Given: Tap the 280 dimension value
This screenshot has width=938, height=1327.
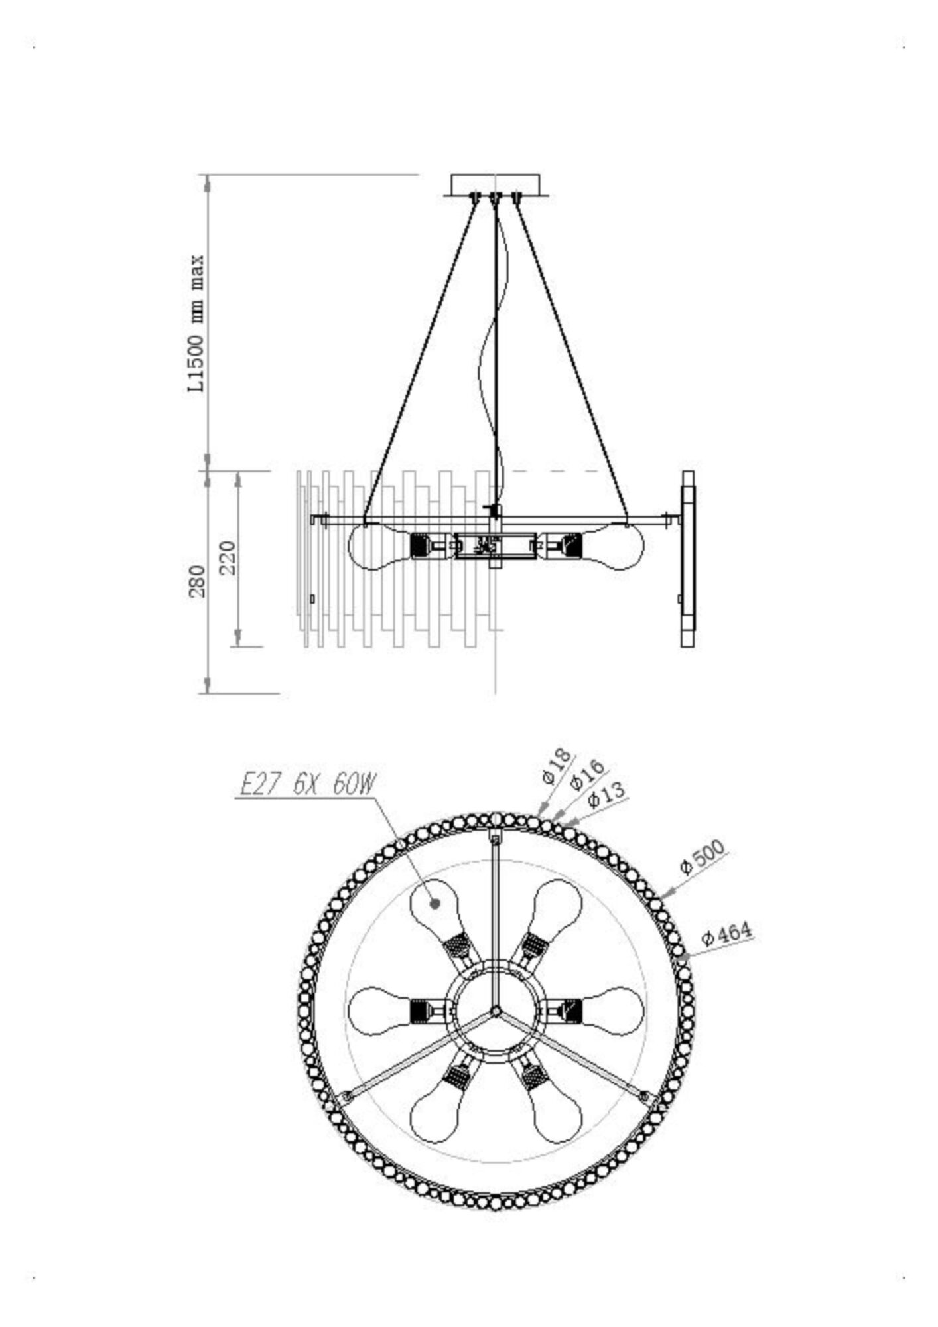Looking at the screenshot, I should coord(198,582).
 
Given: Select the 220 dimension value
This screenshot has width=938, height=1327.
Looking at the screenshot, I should coord(227,557).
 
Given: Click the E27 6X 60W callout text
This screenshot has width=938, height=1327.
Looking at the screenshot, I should coord(306,786).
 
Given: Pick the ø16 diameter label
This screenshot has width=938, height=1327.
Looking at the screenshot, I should coord(587,774).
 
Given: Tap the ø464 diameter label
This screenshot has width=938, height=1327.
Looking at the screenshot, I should coord(726,934).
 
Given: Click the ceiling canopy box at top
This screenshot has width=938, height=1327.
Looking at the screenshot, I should coord(495,184).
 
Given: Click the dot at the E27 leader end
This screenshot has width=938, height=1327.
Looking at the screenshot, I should coord(435,903).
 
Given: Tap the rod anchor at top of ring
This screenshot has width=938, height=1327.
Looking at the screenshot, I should coord(495,839).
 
